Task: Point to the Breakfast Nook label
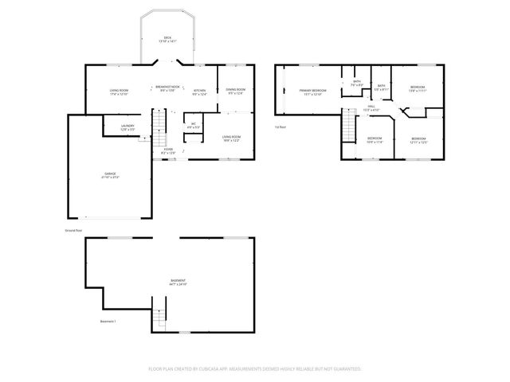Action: pyautogui.click(x=167, y=88)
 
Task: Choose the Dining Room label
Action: pyautogui.click(x=235, y=91)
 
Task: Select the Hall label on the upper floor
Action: pyautogui.click(x=372, y=107)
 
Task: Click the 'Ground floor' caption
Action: pyautogui.click(x=74, y=230)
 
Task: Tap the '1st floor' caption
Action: pyautogui.click(x=280, y=127)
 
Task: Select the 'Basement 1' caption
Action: pyautogui.click(x=108, y=322)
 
